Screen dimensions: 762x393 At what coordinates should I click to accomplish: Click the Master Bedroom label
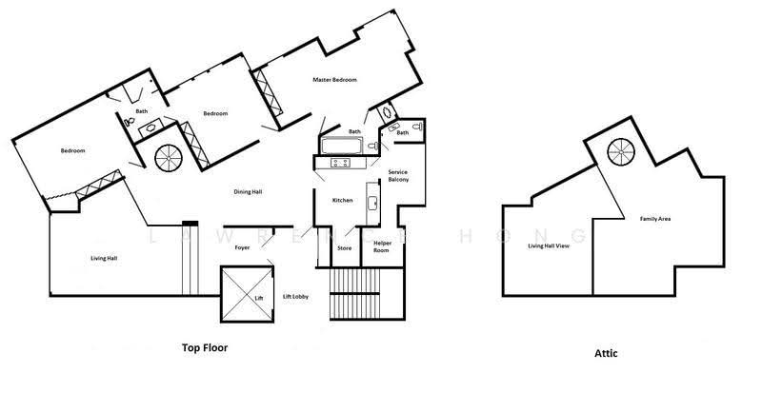pos(334,80)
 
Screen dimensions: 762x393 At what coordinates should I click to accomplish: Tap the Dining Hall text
pos(248,192)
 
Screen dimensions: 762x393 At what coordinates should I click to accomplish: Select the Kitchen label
pos(342,200)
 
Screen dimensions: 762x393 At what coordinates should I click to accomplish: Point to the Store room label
pos(344,248)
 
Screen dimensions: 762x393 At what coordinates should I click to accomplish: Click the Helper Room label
pos(381,246)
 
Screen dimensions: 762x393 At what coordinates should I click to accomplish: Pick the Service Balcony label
pos(398,176)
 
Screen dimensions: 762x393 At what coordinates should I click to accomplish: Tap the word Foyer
pos(242,247)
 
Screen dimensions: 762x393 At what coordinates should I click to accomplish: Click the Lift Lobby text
pos(295,296)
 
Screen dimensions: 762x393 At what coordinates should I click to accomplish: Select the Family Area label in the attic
pos(655,219)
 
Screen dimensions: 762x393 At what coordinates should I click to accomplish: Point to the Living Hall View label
pos(549,246)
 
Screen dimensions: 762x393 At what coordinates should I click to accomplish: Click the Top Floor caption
pos(205,348)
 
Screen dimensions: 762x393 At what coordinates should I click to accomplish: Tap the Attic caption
pos(606,353)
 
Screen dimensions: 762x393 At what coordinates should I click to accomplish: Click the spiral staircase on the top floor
pos(169,158)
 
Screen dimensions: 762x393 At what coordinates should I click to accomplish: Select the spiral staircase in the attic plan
pos(621,152)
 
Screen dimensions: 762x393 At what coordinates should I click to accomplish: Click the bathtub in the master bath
pos(341,146)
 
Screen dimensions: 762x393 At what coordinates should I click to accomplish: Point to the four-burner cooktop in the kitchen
pos(341,163)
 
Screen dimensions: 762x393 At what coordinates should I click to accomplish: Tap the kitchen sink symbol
pos(372,203)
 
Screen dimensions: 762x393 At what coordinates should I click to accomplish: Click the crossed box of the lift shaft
pos(248,294)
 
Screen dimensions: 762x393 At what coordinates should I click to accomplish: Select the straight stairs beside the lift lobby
pos(354,293)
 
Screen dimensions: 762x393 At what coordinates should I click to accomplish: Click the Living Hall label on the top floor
pos(104,259)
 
